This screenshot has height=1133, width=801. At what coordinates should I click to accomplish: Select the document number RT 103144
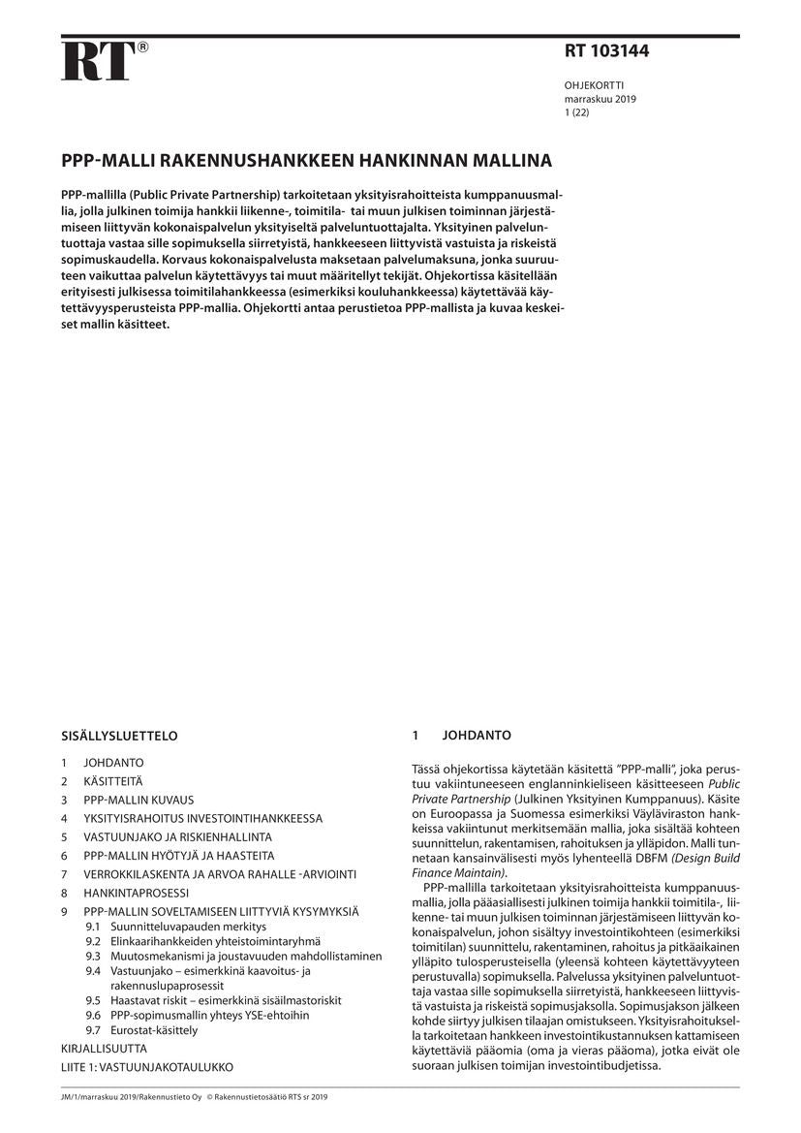tap(606, 52)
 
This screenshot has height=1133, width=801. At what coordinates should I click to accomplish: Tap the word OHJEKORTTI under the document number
tap(595, 85)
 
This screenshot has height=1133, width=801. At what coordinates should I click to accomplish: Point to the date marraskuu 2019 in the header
tap(601, 99)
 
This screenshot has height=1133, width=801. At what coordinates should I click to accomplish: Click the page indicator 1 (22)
tap(576, 112)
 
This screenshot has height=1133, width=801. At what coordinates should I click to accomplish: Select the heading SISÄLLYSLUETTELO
tap(119, 736)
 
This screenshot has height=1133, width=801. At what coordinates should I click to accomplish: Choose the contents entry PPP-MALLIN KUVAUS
tap(139, 800)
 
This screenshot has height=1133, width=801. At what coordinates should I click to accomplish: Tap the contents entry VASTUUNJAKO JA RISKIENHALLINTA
tap(177, 836)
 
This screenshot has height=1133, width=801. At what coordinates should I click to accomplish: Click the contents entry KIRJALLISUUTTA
tap(104, 1049)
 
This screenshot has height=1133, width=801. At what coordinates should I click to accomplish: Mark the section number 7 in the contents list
tap(64, 874)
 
